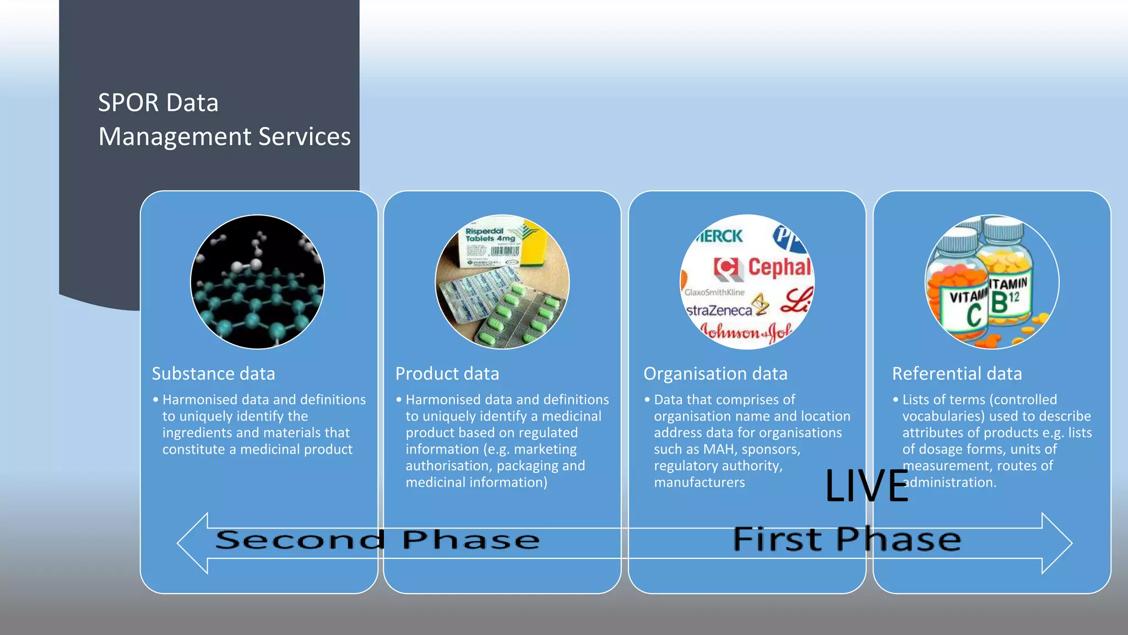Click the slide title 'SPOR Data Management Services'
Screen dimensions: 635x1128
[x=224, y=120]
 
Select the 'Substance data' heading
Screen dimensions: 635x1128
[x=213, y=374]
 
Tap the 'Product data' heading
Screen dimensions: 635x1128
[x=447, y=374]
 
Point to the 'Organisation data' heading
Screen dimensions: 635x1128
[x=715, y=374]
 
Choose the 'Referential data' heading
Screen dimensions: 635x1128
[x=957, y=374]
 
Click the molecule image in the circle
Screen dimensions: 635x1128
[x=257, y=282]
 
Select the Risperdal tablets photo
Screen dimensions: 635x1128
[x=502, y=282]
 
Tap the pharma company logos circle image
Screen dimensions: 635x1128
[x=747, y=282]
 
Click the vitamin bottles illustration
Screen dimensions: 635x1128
[x=991, y=282]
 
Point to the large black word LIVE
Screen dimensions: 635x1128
[x=866, y=486]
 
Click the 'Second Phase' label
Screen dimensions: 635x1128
[x=377, y=540]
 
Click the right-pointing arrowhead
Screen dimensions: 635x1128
[x=1056, y=543]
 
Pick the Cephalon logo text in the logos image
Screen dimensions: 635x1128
[x=779, y=267]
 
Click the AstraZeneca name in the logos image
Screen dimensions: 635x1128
[x=719, y=310]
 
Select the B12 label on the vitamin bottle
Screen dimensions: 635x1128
[x=1006, y=300]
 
